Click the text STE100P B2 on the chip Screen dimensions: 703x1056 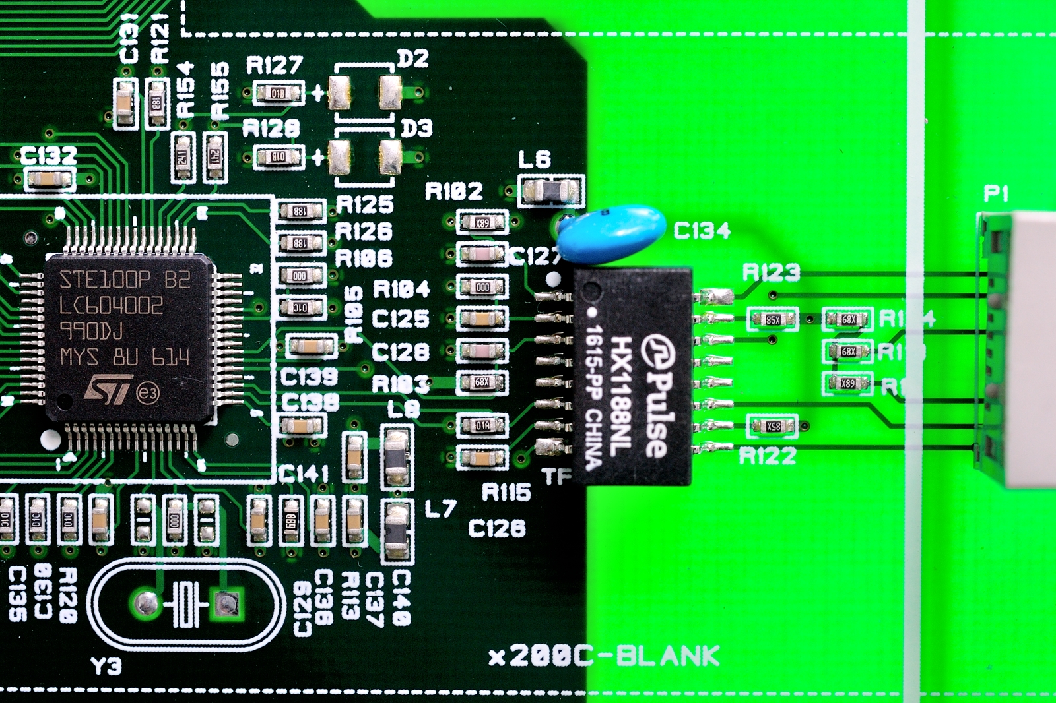(125, 280)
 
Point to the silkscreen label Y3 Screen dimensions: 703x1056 (106, 666)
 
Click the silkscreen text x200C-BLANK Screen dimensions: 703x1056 (605, 656)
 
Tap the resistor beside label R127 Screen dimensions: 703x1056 (279, 93)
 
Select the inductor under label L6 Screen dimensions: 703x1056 (551, 191)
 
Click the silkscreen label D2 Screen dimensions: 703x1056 (413, 59)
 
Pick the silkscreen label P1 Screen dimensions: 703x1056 (996, 193)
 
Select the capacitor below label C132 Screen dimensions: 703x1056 (49, 179)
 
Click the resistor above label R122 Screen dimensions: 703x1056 (773, 427)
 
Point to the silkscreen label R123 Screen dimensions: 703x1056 (771, 272)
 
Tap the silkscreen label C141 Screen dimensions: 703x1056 (303, 474)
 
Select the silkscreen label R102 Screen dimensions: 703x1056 (453, 191)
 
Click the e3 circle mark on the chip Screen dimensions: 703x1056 (148, 394)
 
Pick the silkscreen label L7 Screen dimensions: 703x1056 (440, 508)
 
